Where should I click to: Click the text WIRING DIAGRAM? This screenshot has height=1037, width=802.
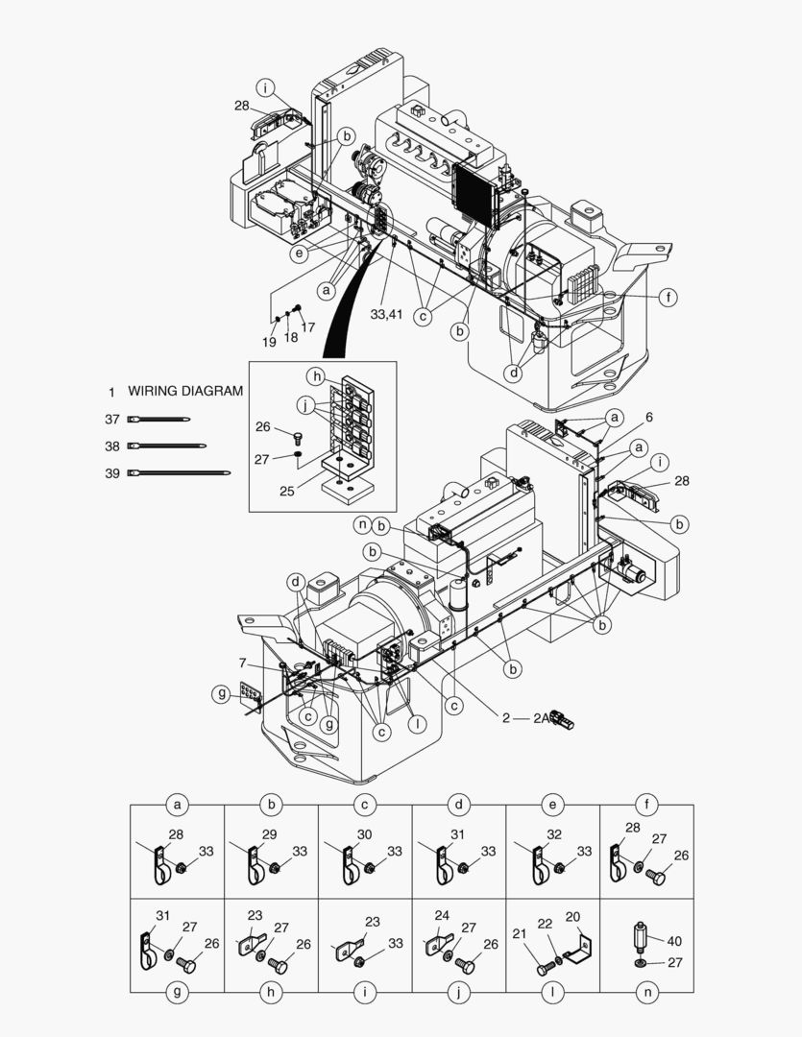[x=185, y=392]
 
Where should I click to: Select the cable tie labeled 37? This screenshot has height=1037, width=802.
[x=158, y=420]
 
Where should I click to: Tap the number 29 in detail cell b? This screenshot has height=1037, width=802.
[x=269, y=834]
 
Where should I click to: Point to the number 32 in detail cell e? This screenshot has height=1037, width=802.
[x=553, y=834]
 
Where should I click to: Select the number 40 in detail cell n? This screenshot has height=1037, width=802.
[x=674, y=941]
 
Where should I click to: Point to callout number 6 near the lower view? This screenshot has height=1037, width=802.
[x=649, y=418]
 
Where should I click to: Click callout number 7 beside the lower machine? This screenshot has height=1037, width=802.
[x=243, y=663]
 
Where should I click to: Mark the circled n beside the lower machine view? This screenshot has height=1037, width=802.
[x=362, y=524]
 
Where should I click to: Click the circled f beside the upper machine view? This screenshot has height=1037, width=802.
[x=668, y=298]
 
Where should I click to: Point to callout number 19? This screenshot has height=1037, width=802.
[x=270, y=343]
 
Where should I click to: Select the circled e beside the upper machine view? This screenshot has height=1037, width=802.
[x=300, y=253]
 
